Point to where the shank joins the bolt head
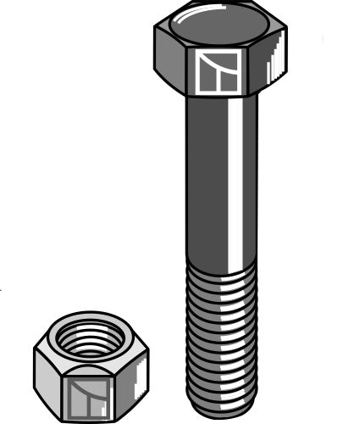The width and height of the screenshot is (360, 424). click(221, 98)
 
